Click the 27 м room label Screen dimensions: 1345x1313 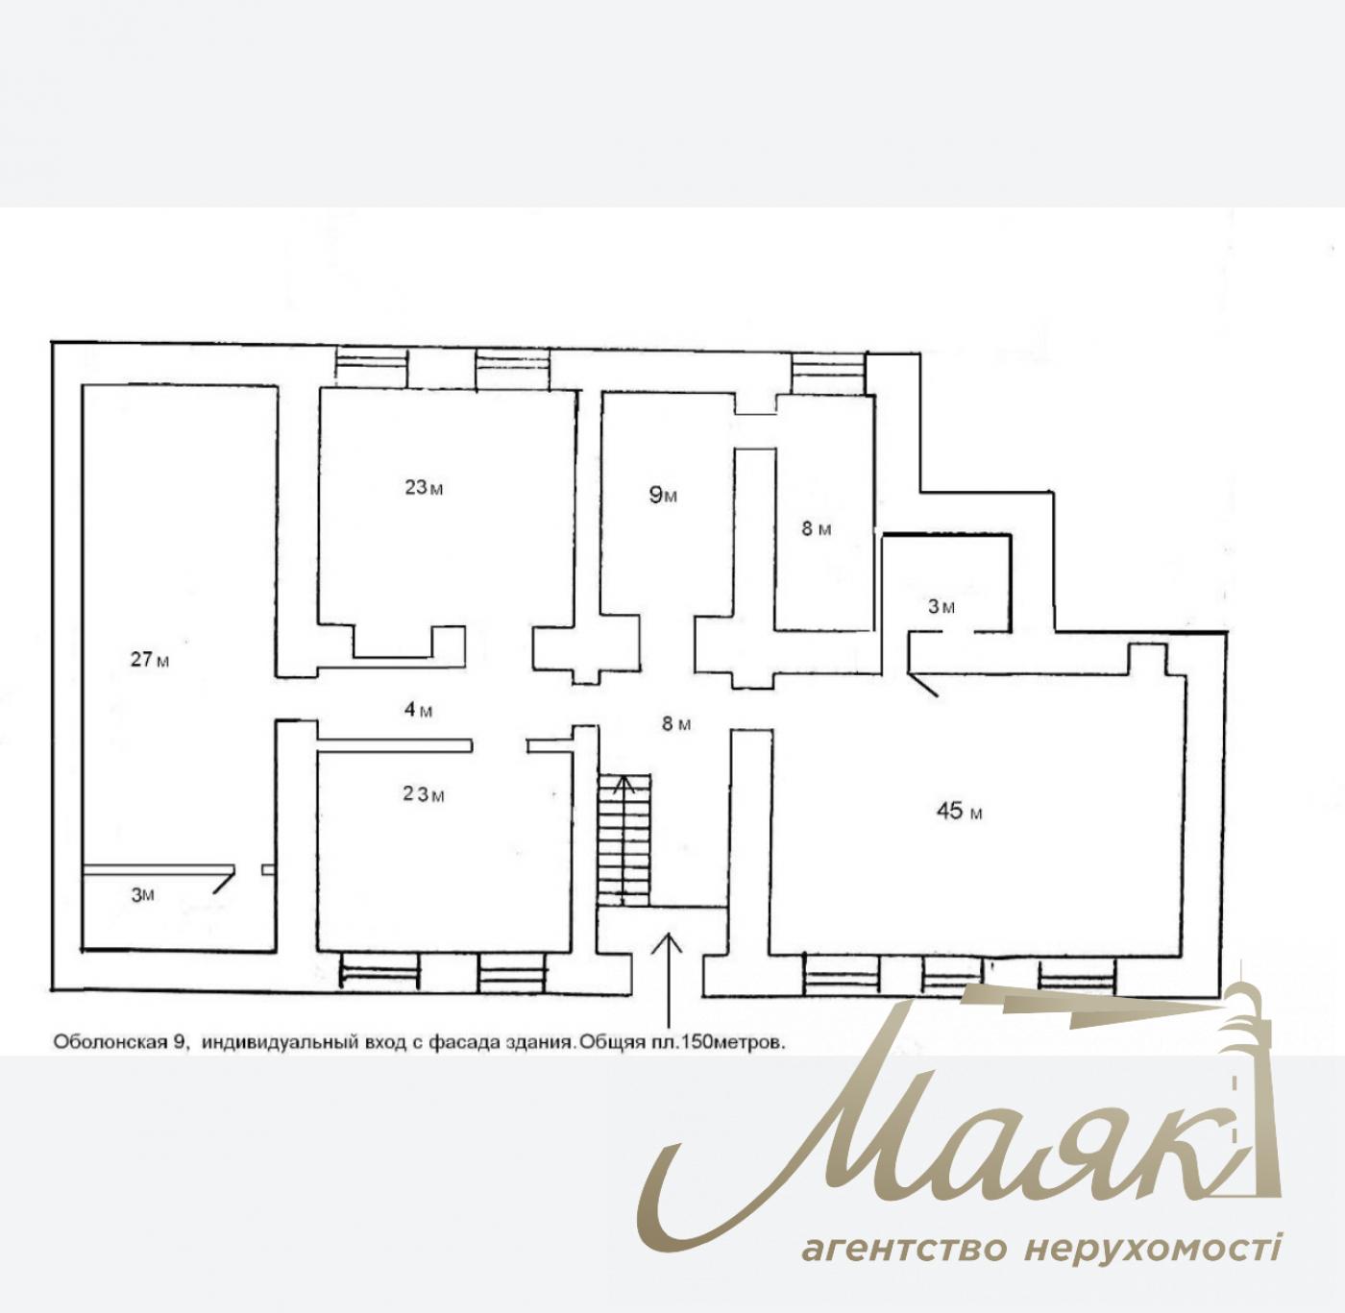150,660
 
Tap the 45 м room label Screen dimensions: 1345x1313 959,812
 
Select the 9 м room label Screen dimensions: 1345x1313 663,495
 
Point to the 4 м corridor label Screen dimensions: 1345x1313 418,710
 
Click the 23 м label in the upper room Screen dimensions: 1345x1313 424,488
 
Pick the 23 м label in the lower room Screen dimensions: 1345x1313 424,794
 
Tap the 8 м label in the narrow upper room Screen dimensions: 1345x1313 817,529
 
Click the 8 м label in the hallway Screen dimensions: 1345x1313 676,723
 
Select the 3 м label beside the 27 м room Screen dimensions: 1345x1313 142,895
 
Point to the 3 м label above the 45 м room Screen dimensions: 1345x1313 941,607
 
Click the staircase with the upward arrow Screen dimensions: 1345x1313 624,839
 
